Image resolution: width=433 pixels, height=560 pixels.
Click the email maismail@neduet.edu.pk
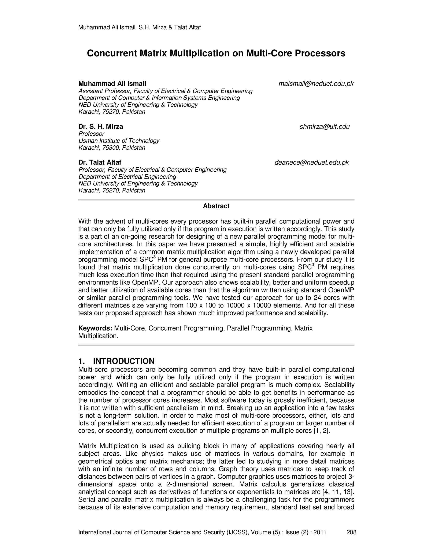click(x=316, y=84)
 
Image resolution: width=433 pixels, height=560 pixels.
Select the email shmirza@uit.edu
click(x=325, y=127)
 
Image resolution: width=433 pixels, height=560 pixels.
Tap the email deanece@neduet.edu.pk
click(x=311, y=162)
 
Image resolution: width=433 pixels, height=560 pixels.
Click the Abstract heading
click(x=216, y=206)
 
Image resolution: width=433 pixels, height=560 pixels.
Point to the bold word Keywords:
click(x=95, y=328)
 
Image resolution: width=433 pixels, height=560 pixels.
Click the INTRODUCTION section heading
click(x=123, y=361)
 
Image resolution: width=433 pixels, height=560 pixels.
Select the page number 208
click(x=351, y=532)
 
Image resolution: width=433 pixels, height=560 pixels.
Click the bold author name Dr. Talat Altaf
click(x=100, y=162)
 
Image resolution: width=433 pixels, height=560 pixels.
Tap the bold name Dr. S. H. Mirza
click(x=101, y=127)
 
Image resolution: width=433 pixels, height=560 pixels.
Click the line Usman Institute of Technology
click(x=119, y=141)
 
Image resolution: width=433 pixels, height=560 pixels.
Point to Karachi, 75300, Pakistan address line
click(x=112, y=148)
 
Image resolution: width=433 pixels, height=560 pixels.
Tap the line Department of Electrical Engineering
click(x=127, y=177)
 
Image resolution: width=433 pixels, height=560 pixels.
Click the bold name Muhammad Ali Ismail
click(x=112, y=84)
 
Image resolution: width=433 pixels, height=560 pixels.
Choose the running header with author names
click(x=139, y=27)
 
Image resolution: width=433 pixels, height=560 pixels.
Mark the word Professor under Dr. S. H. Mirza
click(x=91, y=134)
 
